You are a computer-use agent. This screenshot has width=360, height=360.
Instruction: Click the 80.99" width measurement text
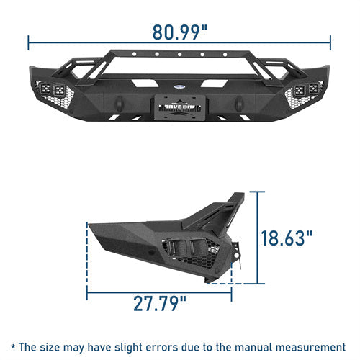(180, 32)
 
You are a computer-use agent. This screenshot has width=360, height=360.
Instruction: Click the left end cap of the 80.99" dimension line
(29, 41)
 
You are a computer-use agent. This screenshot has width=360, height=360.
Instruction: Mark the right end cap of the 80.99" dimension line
(331, 41)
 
